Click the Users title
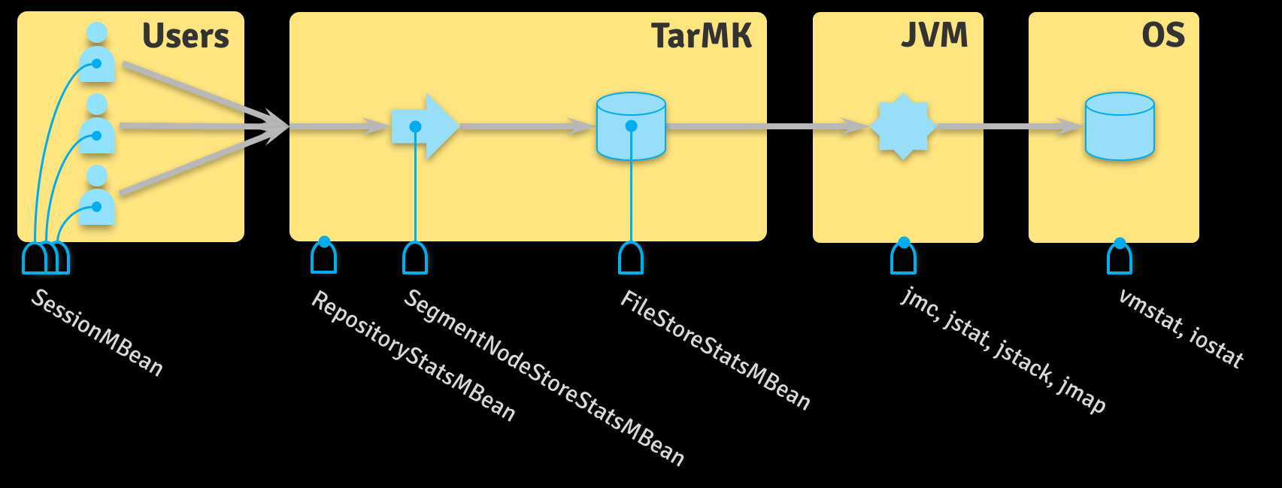click(x=185, y=36)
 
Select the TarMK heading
click(x=701, y=36)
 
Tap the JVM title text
click(x=935, y=35)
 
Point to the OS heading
click(x=1162, y=35)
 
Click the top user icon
click(x=97, y=54)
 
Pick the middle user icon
click(x=97, y=125)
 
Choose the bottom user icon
click(x=97, y=196)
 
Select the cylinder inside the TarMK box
click(x=631, y=126)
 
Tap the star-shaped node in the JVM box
click(x=903, y=126)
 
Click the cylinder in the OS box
click(x=1120, y=126)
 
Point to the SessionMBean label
click(x=97, y=332)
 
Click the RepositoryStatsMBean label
click(x=414, y=356)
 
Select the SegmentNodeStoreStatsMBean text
click(x=544, y=377)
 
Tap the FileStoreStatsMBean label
click(x=715, y=350)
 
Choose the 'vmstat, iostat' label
click(x=1180, y=328)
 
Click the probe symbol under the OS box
click(x=1120, y=258)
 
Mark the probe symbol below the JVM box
click(x=904, y=258)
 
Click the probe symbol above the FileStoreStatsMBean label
click(x=631, y=258)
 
